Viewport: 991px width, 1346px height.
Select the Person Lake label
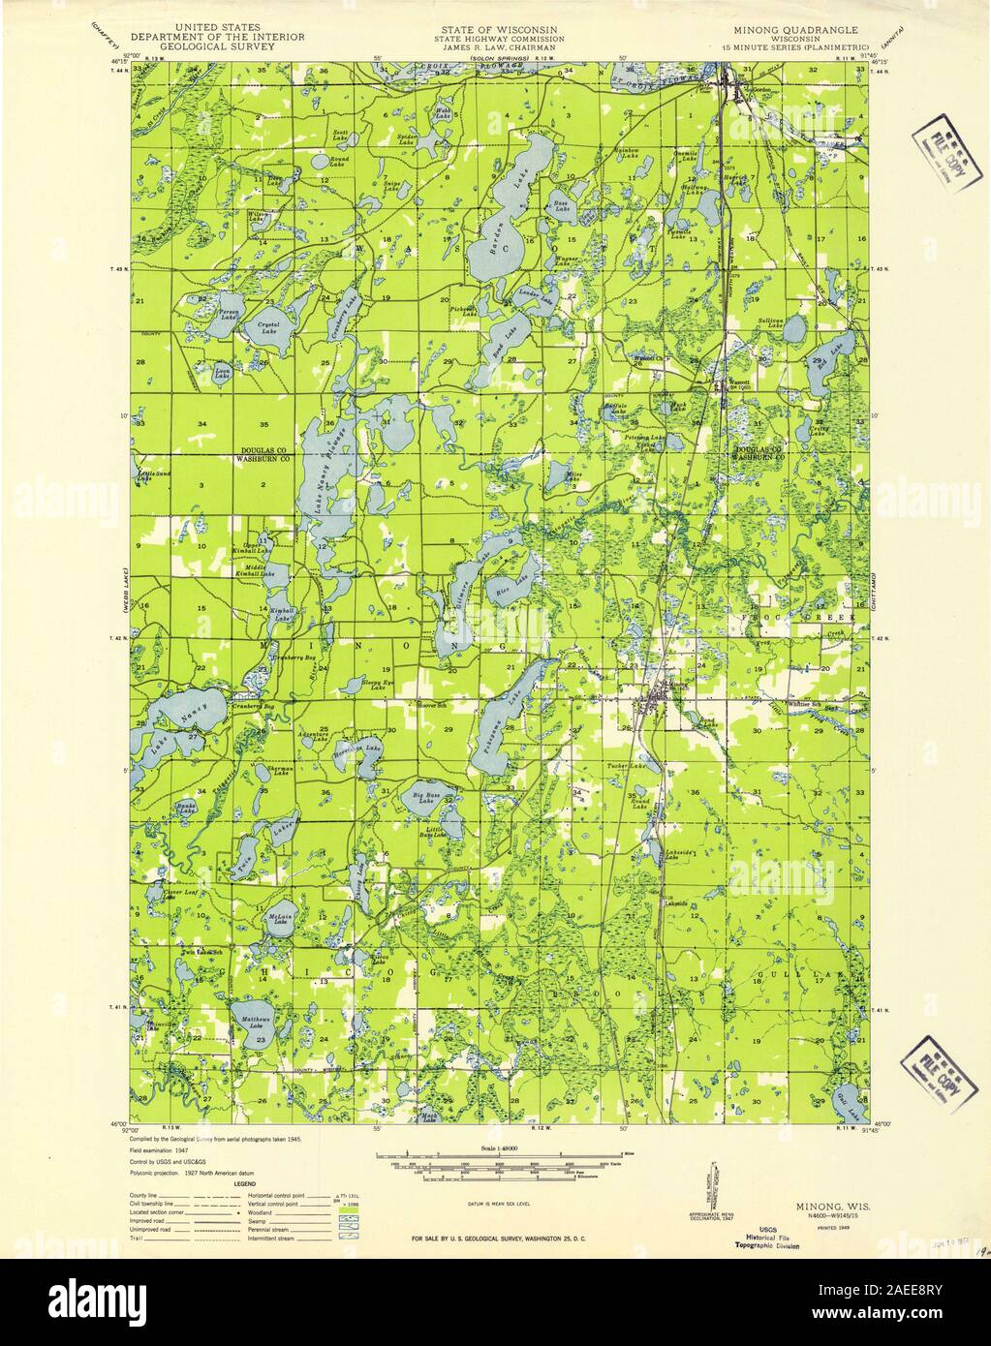[229, 314]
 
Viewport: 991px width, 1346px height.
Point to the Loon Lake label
[222, 372]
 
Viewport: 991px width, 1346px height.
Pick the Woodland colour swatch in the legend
[351, 1213]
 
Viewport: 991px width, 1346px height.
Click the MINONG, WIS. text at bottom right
[824, 1207]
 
